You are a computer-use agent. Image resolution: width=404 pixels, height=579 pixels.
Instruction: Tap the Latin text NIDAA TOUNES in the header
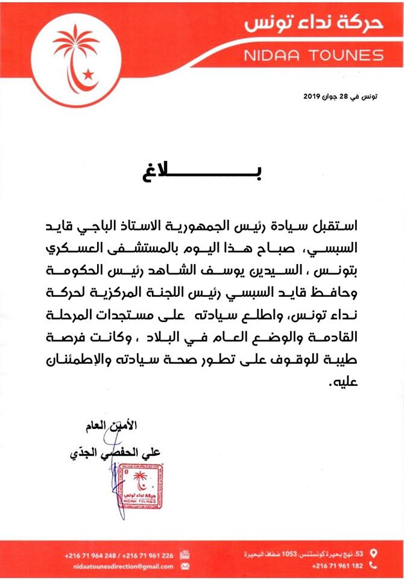314,55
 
